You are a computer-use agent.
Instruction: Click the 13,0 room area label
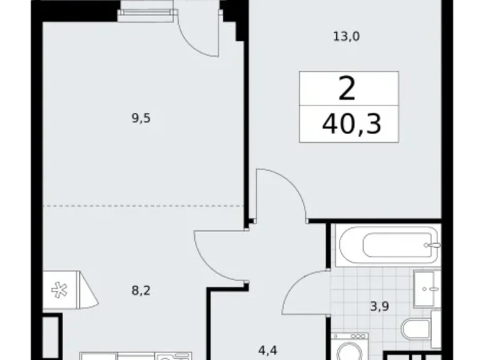point(346,36)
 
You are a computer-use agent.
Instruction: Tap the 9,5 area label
point(141,118)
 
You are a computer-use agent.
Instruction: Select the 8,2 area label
point(141,289)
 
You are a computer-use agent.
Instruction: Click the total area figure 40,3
point(351,126)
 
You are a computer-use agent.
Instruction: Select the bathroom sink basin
point(426,289)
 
